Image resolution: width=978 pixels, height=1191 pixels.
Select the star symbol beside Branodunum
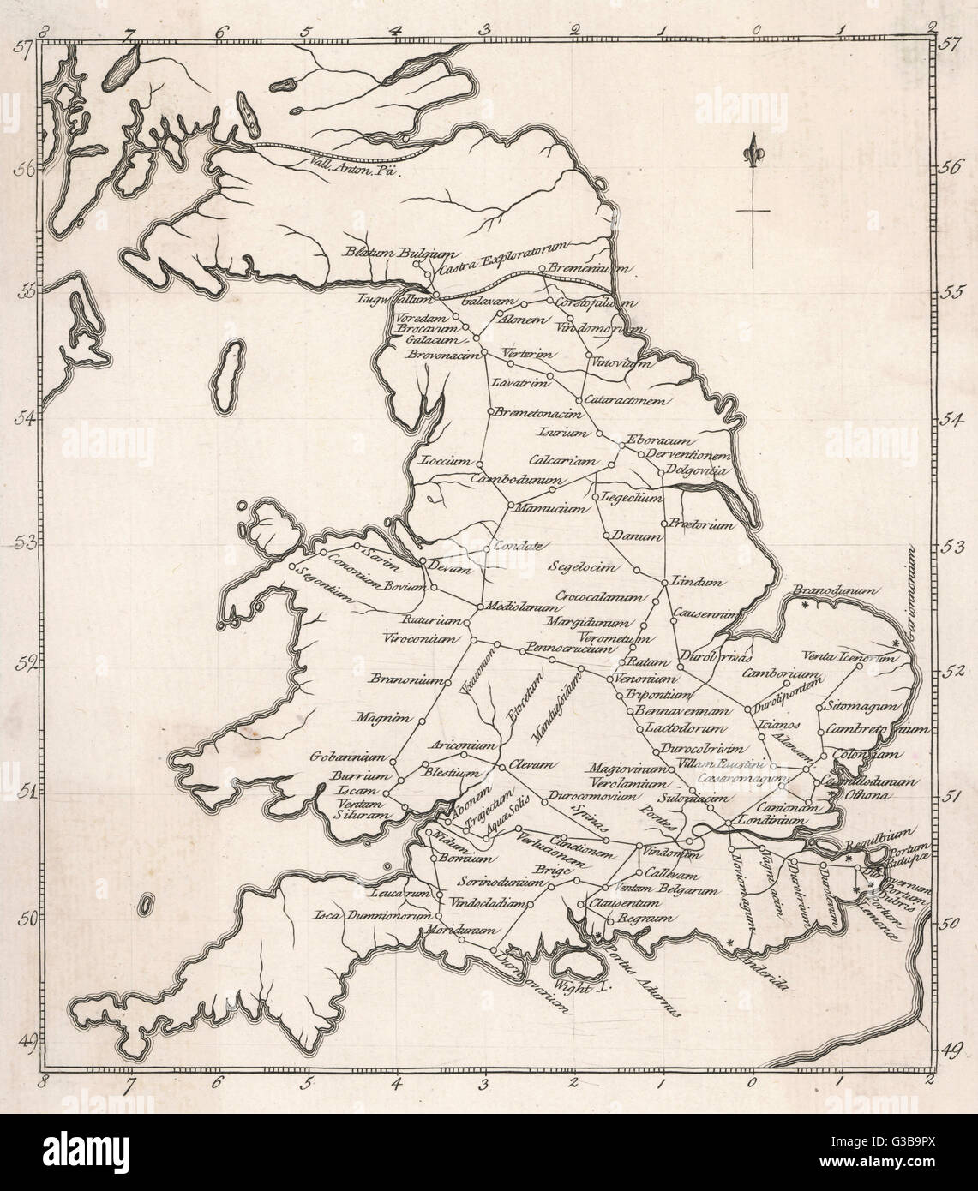point(805,605)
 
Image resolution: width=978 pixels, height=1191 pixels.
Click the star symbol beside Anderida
point(730,943)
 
